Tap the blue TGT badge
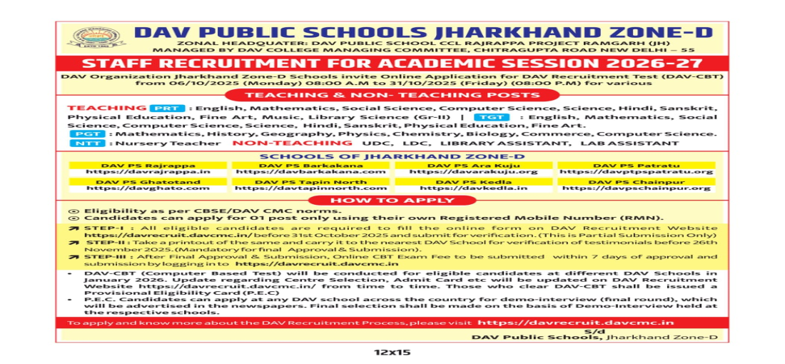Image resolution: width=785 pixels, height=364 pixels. pyautogui.click(x=495, y=116)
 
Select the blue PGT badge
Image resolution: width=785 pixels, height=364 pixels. pyautogui.click(x=89, y=134)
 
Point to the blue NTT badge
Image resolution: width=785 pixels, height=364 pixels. pyautogui.click(x=89, y=143)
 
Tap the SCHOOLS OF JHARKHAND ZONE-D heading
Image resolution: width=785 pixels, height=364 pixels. pyautogui.click(x=392, y=157)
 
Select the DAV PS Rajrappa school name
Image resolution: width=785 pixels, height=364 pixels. pyautogui.click(x=148, y=165)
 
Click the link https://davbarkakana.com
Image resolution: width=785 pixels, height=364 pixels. pyautogui.click(x=310, y=172)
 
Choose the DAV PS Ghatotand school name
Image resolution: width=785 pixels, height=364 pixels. pyautogui.click(x=148, y=181)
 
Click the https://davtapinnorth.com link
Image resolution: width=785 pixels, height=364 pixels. pyautogui.click(x=310, y=188)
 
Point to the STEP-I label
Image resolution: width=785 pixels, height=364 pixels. pyautogui.click(x=100, y=227)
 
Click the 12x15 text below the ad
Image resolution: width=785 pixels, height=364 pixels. pyautogui.click(x=392, y=353)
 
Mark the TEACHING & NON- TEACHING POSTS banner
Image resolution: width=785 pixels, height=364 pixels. pyautogui.click(x=392, y=94)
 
